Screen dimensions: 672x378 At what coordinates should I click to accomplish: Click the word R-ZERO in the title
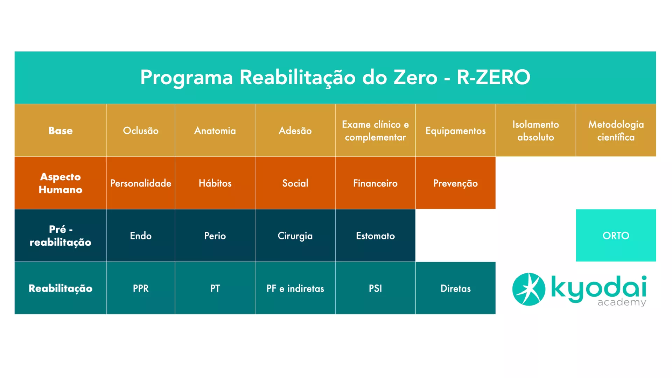(x=493, y=77)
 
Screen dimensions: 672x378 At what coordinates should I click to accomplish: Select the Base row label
(x=61, y=130)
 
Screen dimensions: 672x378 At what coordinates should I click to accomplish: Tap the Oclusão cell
(x=141, y=130)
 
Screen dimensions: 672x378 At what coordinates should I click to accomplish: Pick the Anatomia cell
(x=215, y=130)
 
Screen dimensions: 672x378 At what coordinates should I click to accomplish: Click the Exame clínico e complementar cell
(x=375, y=130)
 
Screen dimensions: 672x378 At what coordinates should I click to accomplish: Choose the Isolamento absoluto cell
(x=535, y=130)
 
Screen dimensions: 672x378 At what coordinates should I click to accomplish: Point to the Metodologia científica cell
(x=616, y=130)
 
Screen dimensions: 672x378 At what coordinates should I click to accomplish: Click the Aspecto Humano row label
(x=61, y=183)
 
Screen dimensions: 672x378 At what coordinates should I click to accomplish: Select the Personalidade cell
(x=141, y=183)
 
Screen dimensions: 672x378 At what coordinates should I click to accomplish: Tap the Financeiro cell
(x=375, y=183)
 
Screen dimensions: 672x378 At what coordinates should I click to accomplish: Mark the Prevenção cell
(x=455, y=183)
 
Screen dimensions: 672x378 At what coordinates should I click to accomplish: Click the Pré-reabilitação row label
(x=61, y=236)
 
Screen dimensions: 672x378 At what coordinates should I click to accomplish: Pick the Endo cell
(x=141, y=236)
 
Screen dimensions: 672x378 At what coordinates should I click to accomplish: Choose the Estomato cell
(x=375, y=236)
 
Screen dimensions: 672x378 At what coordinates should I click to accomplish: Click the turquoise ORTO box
(x=616, y=236)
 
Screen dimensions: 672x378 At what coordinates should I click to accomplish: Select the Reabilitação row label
(x=61, y=288)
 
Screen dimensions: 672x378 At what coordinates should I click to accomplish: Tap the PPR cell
(x=141, y=288)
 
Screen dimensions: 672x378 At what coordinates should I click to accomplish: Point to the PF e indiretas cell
(x=295, y=288)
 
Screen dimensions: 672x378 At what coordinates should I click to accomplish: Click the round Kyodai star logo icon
(x=528, y=289)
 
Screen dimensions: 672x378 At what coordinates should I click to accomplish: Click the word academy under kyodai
(x=622, y=302)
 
